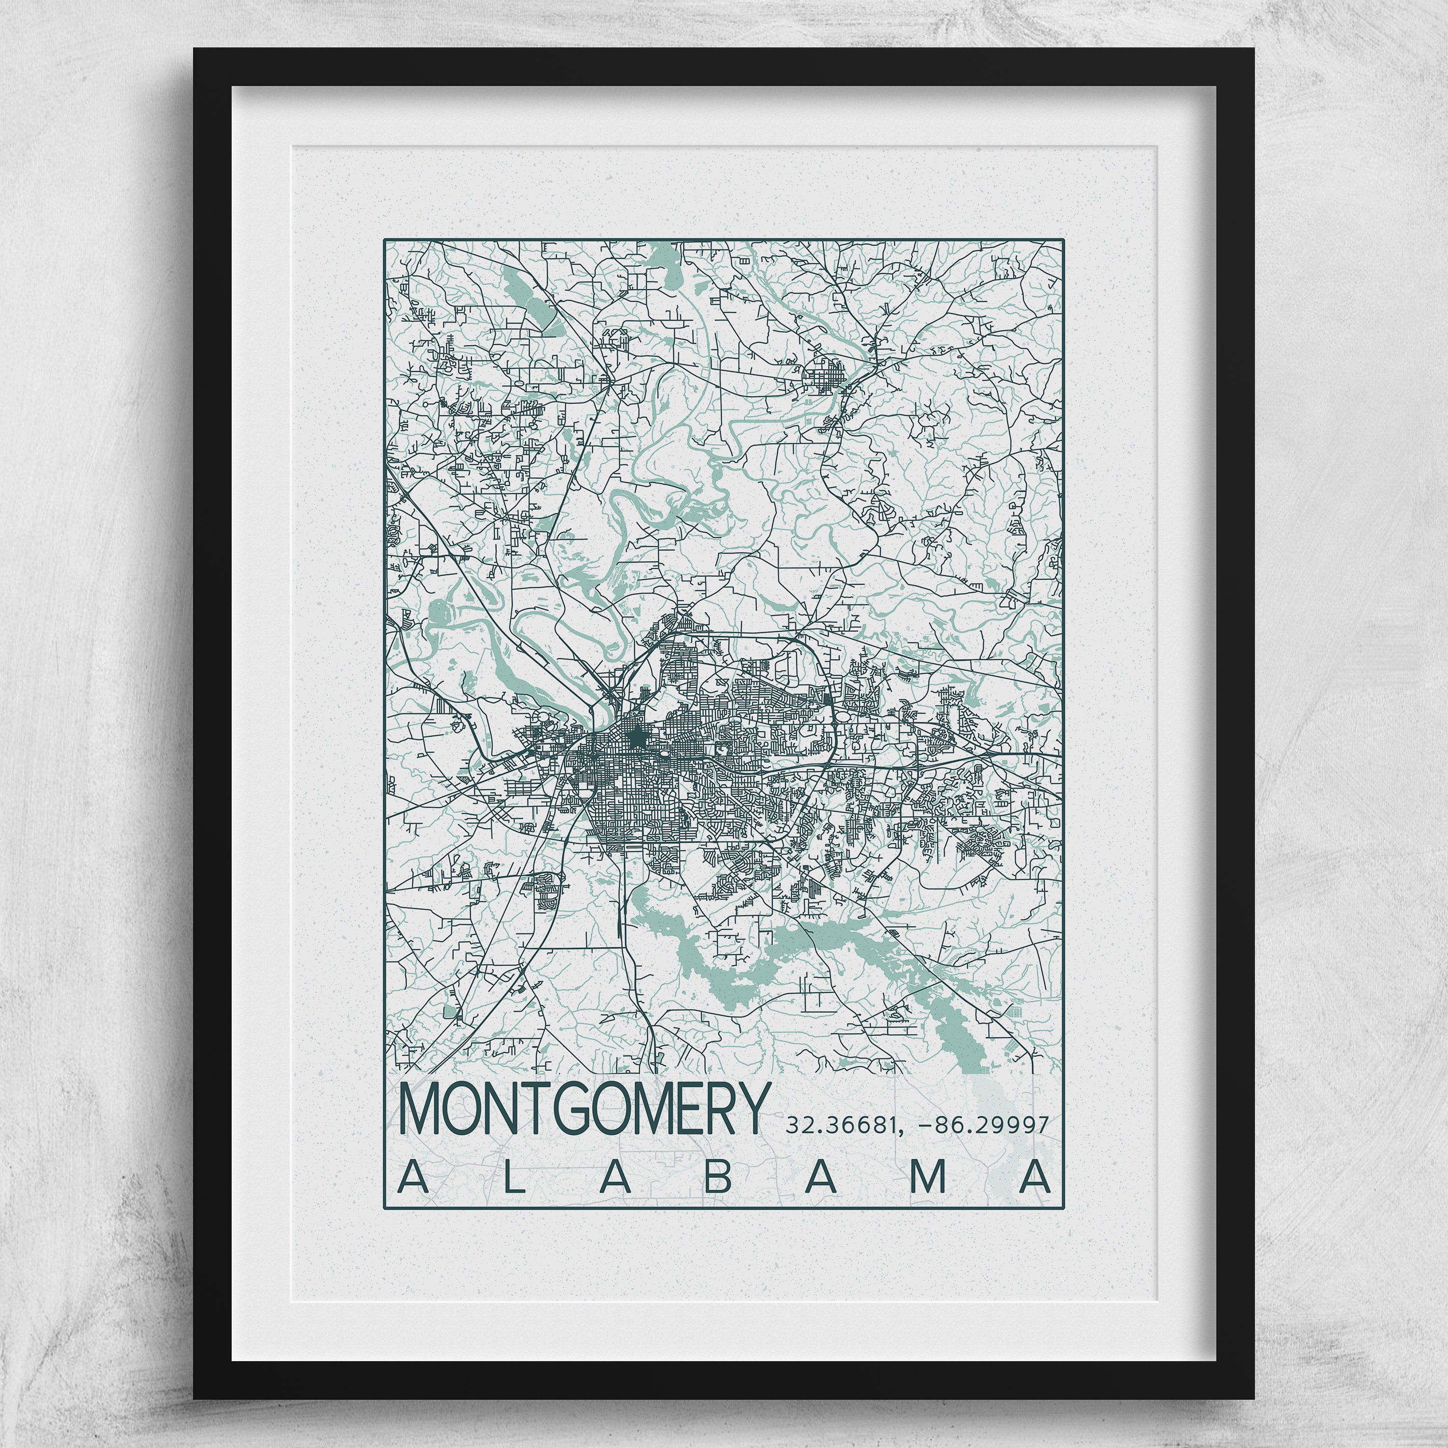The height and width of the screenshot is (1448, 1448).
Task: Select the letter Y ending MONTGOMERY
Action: pos(753,1109)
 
